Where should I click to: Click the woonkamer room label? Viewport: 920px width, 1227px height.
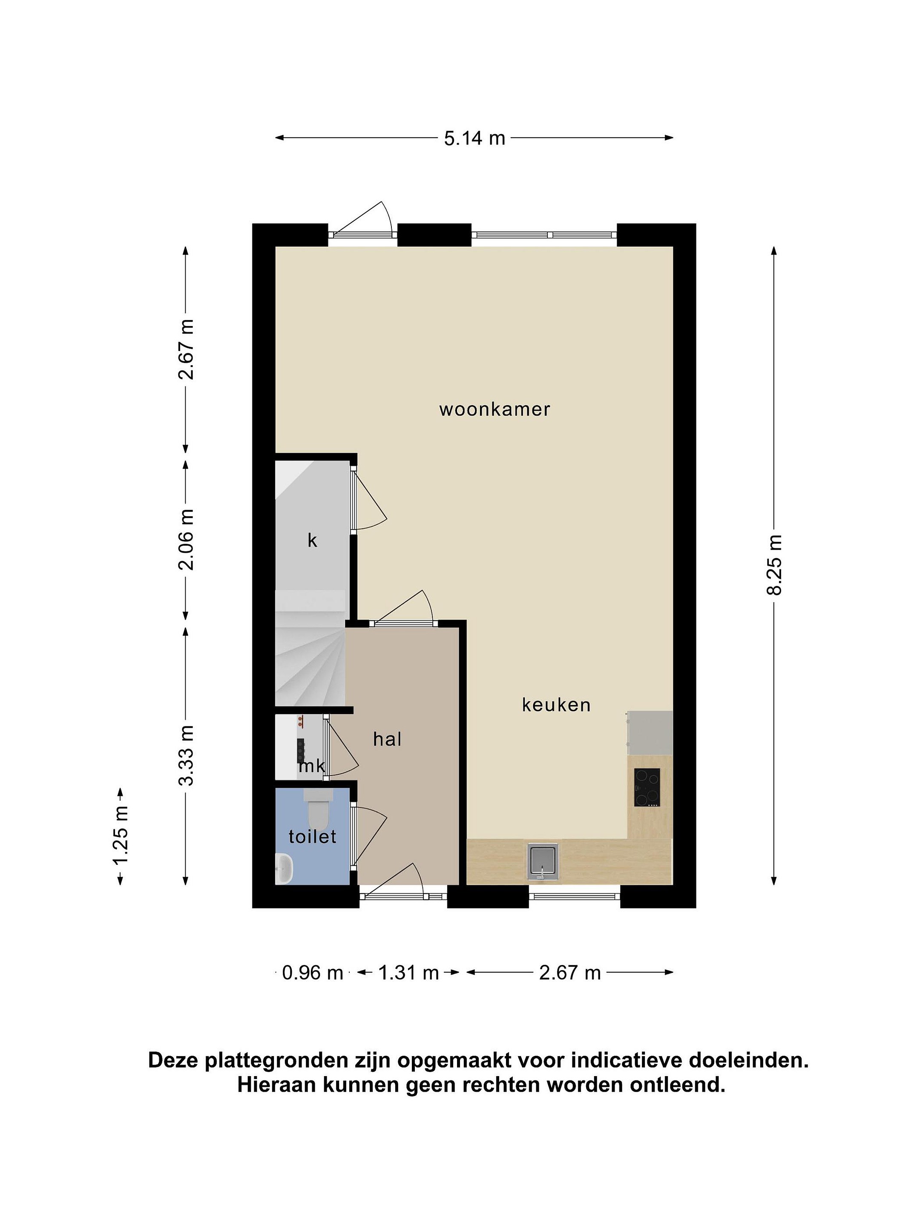click(494, 410)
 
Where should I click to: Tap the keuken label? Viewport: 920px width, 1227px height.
click(556, 705)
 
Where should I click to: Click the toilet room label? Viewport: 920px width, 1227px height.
click(312, 836)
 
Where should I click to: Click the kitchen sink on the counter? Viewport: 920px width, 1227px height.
click(542, 861)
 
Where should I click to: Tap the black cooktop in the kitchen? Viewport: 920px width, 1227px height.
click(647, 787)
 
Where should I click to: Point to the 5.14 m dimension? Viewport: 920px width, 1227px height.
click(475, 138)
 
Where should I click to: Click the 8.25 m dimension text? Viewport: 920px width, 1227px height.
click(774, 565)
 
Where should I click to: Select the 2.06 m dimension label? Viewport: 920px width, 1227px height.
click(186, 540)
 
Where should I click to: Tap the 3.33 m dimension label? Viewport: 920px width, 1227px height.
click(186, 755)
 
